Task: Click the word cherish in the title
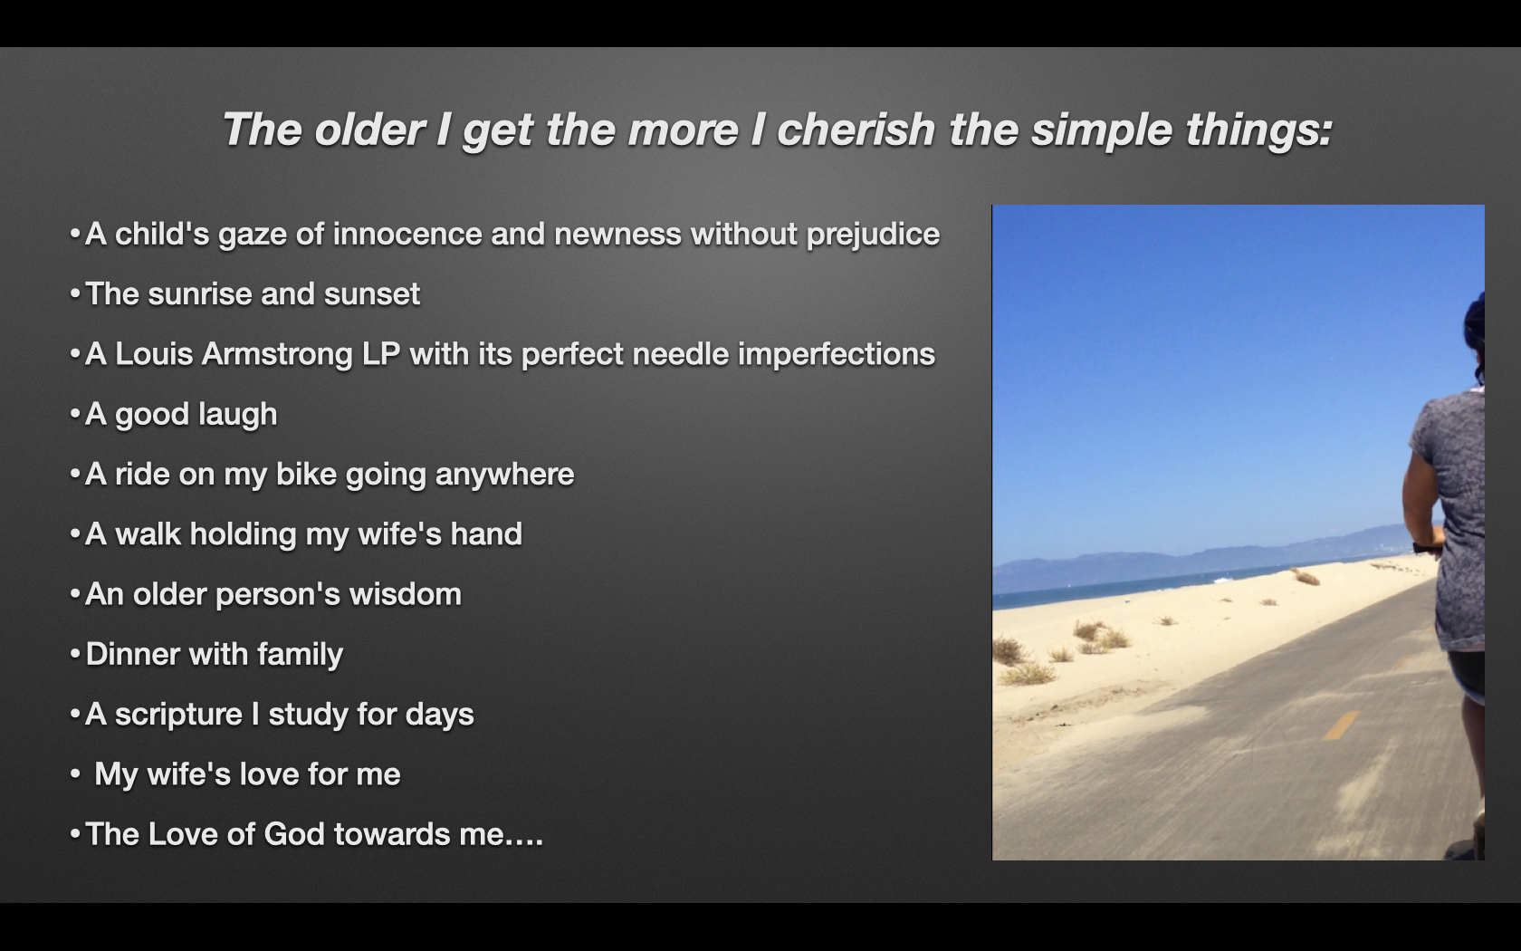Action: [856, 129]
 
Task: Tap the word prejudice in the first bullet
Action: [873, 235]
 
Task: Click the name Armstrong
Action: [277, 355]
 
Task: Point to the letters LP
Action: [381, 354]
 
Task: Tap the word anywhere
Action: [504, 475]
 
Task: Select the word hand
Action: [486, 534]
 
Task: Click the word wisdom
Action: [406, 594]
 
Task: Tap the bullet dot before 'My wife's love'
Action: [75, 774]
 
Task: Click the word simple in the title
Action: [1101, 129]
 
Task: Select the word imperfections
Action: [837, 355]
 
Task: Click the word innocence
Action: [407, 235]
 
